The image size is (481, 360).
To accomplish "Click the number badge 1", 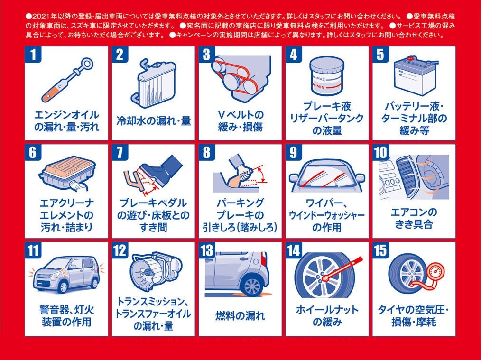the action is [33, 55].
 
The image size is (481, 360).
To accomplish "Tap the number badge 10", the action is [381, 152].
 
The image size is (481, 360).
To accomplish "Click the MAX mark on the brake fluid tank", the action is [321, 79].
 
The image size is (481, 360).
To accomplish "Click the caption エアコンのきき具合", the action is [414, 218].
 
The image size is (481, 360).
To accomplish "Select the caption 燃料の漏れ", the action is [240, 315].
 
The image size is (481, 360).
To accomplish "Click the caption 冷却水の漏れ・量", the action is [153, 121].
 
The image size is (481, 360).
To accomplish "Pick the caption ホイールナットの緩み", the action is [327, 315].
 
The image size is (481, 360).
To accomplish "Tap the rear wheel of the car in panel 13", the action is [252, 286].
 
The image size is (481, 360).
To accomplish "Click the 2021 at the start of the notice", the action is [39, 16].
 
